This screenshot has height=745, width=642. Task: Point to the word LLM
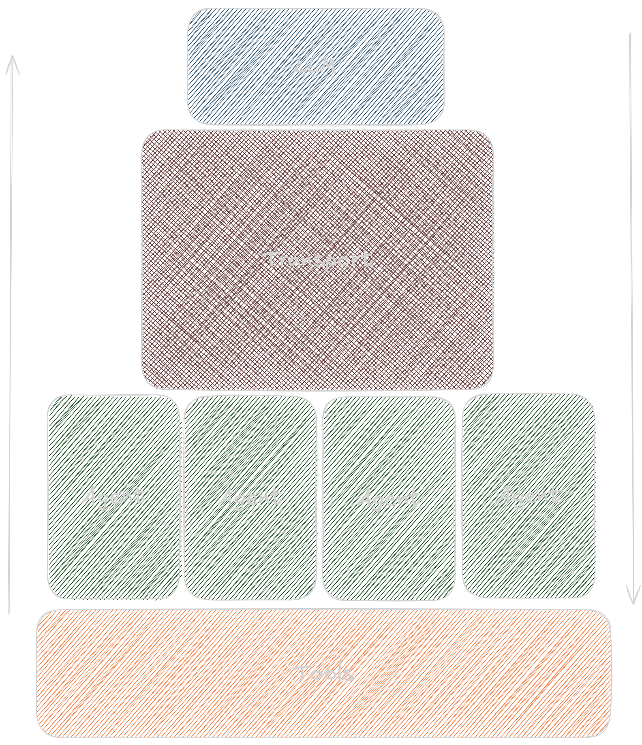coord(316,66)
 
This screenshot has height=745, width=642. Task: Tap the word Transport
coord(317,260)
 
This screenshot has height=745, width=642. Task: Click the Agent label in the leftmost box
coord(113,496)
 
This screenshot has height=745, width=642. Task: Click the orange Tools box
coord(323,705)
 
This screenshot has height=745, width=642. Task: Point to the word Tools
coord(323,673)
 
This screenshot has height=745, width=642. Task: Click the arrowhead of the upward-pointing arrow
coord(12,59)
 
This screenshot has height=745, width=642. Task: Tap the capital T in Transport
coord(270,259)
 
